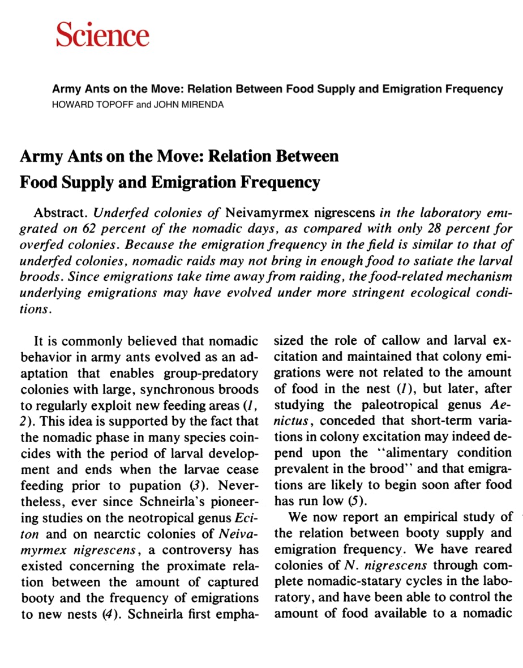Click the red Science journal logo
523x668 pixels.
click(x=102, y=35)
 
